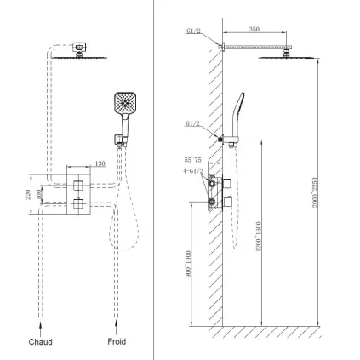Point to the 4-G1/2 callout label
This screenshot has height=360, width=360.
click(191, 172)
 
